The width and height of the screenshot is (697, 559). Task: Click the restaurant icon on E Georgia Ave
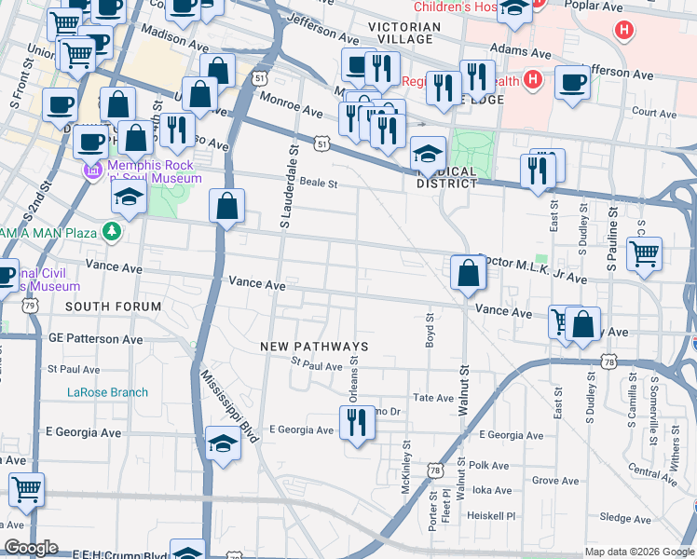(x=358, y=424)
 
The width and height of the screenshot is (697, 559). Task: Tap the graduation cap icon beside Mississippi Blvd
(x=222, y=443)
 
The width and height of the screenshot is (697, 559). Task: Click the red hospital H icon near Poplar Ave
(x=622, y=31)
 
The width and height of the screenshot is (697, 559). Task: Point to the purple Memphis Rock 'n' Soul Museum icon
(x=91, y=171)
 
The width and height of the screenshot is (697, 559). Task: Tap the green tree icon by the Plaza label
(x=113, y=230)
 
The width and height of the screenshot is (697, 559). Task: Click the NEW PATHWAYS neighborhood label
(x=314, y=347)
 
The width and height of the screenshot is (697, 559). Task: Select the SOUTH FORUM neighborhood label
(x=113, y=307)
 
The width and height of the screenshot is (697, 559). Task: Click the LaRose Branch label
(x=107, y=392)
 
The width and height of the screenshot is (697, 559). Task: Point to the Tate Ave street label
(x=432, y=398)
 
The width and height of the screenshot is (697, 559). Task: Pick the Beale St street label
(x=318, y=184)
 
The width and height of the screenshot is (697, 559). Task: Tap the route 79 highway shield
(x=31, y=306)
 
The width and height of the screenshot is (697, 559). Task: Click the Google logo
(x=31, y=548)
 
